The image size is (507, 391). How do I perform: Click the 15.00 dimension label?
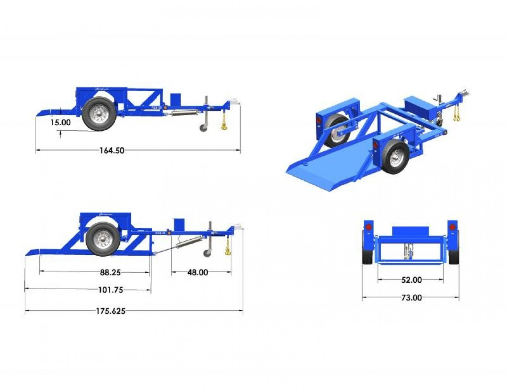click(x=61, y=122)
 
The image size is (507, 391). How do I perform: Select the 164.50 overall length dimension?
click(x=112, y=150)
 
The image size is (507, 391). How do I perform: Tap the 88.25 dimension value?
click(x=110, y=272)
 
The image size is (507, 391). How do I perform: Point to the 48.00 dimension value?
click(x=198, y=272)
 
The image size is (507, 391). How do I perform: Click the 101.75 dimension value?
click(x=111, y=290)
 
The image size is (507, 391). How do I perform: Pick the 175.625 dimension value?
click(x=111, y=311)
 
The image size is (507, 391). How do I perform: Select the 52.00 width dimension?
click(x=412, y=280)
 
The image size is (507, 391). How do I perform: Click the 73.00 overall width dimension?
click(x=412, y=298)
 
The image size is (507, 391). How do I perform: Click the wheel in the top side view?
click(x=99, y=114)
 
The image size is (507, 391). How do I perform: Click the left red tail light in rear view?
click(x=368, y=227)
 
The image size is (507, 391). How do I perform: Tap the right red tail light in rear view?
click(x=452, y=227)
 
